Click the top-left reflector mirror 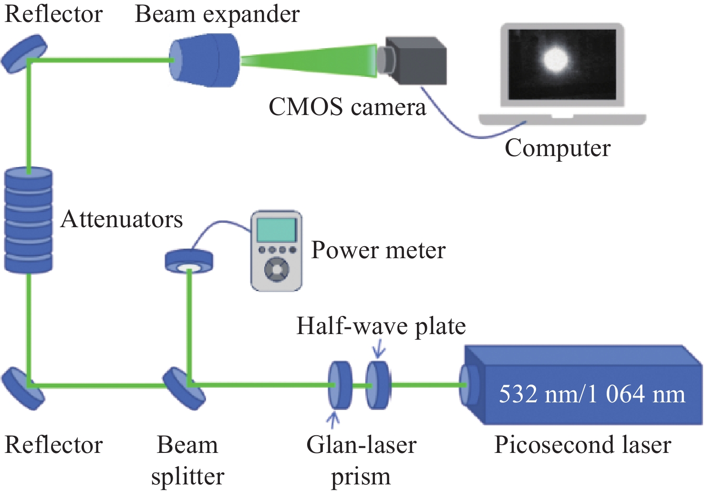(24, 53)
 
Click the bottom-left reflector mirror (23, 388)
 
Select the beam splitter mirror (184, 388)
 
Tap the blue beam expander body (204, 60)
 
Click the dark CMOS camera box (412, 60)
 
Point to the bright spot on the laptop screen (556, 60)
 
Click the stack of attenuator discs (29, 220)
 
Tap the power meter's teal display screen (277, 230)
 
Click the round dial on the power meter (276, 270)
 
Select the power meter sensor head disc (189, 261)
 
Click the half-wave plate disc (378, 385)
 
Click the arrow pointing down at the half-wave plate (379, 348)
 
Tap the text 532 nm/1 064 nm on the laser (592, 394)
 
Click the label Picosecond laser (583, 445)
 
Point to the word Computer (558, 149)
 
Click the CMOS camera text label (347, 107)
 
